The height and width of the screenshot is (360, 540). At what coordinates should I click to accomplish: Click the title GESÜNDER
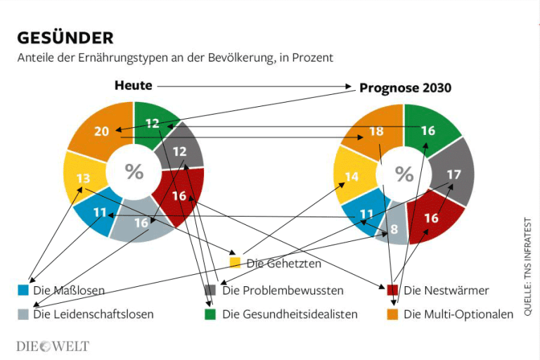(x=65, y=37)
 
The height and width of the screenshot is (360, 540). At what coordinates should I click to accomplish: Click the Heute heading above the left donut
(x=134, y=85)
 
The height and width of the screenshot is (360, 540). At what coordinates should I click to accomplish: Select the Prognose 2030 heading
(x=405, y=88)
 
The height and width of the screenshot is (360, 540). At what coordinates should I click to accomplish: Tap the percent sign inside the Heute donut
(x=134, y=171)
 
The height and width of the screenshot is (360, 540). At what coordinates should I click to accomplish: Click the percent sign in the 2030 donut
(x=404, y=173)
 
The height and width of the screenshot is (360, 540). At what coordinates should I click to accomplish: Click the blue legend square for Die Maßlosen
(x=24, y=290)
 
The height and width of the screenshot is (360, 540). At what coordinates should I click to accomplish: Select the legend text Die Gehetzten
(x=284, y=264)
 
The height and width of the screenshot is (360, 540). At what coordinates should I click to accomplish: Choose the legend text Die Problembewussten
(x=283, y=290)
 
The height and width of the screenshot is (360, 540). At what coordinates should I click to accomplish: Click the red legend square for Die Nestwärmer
(x=392, y=290)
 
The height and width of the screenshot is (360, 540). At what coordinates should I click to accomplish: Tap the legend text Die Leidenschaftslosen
(x=93, y=314)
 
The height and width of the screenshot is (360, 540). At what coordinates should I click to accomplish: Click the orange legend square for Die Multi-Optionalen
(x=392, y=314)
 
